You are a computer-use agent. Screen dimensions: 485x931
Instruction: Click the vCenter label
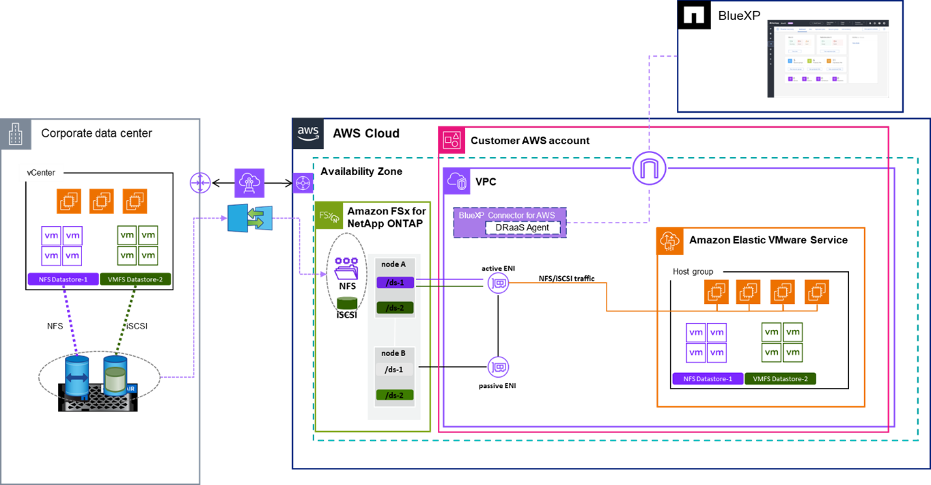[41, 173]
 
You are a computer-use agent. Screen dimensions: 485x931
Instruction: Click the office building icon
[15, 135]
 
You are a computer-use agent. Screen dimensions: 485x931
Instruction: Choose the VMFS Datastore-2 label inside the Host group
[780, 379]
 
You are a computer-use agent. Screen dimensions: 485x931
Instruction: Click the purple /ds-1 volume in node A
[395, 283]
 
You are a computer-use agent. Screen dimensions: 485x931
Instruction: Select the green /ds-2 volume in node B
[395, 395]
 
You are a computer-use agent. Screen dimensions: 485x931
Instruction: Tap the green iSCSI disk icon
[347, 303]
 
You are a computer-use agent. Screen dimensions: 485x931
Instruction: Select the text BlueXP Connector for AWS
[509, 214]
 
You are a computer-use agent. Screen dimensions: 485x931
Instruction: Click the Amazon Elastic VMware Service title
[768, 240]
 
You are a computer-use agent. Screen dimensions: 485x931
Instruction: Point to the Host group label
[693, 271]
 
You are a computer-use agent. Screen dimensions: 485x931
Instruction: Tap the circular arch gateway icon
[650, 169]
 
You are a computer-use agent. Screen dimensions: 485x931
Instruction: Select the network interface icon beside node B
[498, 367]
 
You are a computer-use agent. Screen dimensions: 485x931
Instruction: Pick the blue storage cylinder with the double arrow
[77, 376]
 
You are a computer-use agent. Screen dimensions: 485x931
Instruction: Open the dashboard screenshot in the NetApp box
[828, 59]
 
